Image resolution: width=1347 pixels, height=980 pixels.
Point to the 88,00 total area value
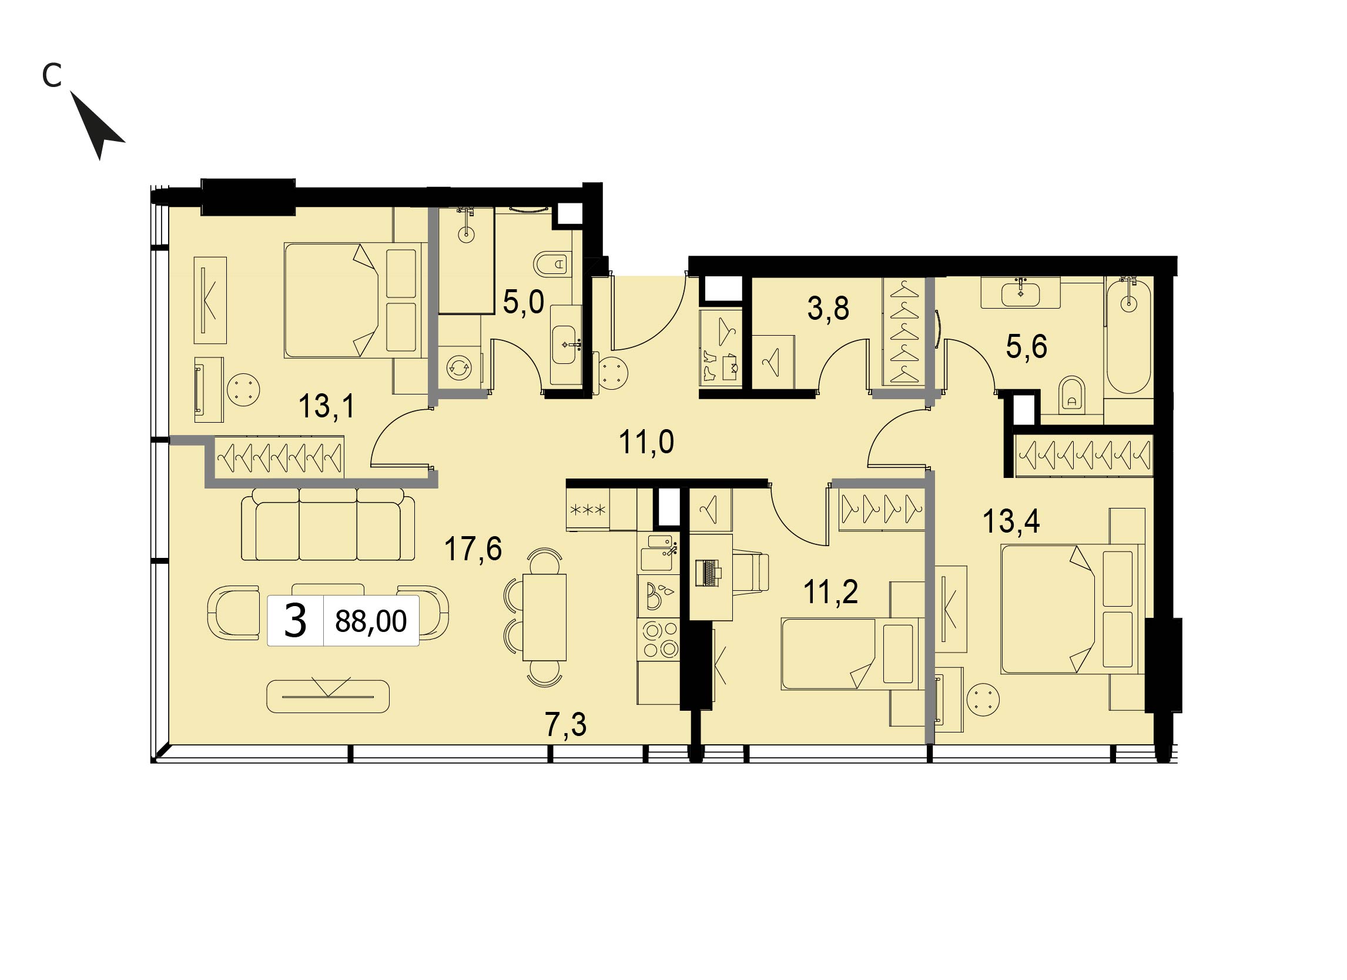coord(371,621)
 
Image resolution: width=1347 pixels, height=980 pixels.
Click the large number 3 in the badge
coord(295,621)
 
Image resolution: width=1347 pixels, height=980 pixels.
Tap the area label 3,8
coord(828,308)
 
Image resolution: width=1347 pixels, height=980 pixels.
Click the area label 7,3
coord(565,725)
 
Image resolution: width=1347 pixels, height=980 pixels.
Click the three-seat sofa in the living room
coord(329,524)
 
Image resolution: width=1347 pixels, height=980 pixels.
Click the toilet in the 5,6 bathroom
coord(1071,393)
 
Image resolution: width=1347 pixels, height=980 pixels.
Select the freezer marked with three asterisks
coord(587,509)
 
